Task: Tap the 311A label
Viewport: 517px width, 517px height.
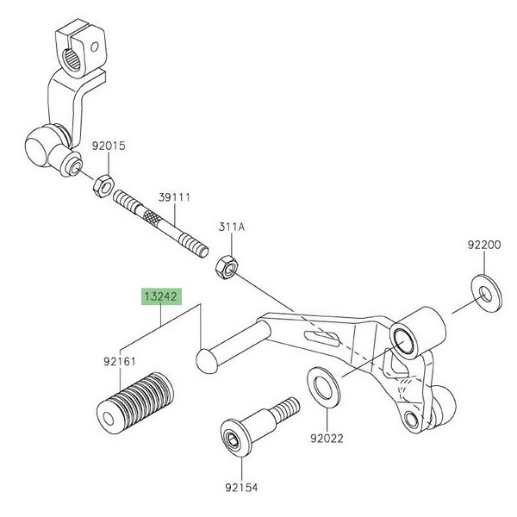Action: point(231,227)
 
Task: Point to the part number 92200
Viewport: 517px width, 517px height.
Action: point(483,245)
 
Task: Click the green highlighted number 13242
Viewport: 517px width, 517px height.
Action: point(161,295)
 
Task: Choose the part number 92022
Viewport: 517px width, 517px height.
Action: point(327,438)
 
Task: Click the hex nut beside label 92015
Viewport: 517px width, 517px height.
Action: point(100,184)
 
